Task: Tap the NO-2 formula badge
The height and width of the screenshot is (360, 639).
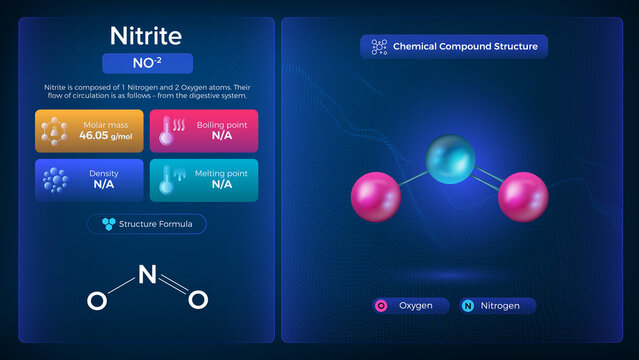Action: (x=147, y=64)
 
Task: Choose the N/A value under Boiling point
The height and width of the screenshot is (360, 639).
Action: (x=221, y=135)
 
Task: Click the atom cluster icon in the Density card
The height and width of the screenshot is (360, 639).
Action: (x=56, y=180)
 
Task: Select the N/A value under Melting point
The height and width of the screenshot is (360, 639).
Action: (x=221, y=185)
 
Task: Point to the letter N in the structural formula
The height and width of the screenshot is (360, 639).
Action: (x=146, y=270)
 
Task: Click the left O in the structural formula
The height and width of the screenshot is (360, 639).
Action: (x=96, y=300)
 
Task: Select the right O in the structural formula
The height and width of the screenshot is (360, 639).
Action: (x=198, y=299)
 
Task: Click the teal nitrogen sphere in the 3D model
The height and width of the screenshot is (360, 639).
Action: (x=451, y=160)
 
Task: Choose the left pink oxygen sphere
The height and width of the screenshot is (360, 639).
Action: (x=375, y=196)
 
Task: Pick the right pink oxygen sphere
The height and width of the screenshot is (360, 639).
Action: (x=523, y=196)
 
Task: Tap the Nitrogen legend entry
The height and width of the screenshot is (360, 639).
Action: (x=497, y=306)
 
